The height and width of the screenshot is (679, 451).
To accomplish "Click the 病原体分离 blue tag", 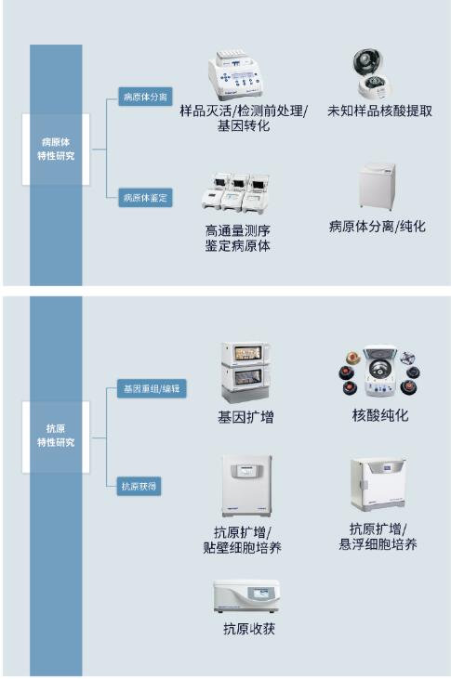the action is (145, 96).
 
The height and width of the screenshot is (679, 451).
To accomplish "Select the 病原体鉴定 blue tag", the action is (145, 198).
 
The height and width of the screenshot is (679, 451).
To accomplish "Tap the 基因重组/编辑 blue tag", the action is (152, 388).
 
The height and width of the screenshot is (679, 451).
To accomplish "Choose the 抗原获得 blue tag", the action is (139, 487).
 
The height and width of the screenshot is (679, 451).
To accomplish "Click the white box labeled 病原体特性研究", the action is (56, 149).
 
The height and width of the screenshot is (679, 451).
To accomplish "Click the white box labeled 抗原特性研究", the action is (56, 436).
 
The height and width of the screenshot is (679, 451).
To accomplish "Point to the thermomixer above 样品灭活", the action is (236, 74).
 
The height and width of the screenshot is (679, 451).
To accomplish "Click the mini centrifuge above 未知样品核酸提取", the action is (373, 73).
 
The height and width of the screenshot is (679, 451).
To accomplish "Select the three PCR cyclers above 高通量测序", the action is (236, 193).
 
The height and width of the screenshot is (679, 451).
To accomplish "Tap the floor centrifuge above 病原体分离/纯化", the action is (378, 186).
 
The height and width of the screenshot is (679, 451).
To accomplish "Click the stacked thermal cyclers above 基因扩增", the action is (245, 372).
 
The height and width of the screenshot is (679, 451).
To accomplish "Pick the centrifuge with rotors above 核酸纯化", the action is (379, 371).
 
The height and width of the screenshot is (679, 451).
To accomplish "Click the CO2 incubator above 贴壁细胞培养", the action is (246, 486).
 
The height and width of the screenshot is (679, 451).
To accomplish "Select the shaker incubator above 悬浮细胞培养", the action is (378, 483).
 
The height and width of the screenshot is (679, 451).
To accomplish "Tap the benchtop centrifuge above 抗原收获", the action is (246, 596).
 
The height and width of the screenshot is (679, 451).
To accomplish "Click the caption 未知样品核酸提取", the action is (379, 111).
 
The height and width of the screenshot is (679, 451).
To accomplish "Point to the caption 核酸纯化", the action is (380, 415).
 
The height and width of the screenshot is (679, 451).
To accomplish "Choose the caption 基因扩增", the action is (245, 417).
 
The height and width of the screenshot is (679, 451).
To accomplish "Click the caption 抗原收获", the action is (249, 629).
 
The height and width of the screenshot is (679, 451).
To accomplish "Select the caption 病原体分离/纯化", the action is (378, 226).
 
